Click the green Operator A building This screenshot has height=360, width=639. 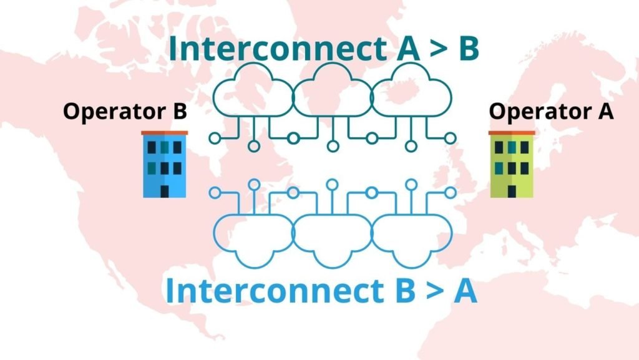(512, 165)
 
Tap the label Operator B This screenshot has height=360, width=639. (125, 112)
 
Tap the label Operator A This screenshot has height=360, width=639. (551, 112)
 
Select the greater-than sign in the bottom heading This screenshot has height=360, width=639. (429, 291)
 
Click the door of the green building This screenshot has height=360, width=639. (512, 190)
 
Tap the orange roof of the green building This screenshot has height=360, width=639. (512, 133)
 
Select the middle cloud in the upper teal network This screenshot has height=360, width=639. (332, 94)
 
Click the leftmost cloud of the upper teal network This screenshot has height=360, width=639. (253, 97)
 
